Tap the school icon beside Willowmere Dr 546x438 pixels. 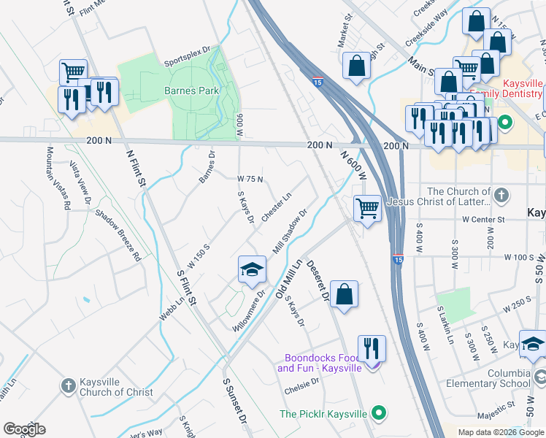pos(252,269)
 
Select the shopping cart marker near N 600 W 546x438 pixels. pos(366,209)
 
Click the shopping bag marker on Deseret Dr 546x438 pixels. pos(344,294)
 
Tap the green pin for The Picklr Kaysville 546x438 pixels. pos(378,414)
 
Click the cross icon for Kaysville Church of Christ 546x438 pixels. pos(68,384)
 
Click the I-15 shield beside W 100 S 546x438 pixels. pos(397,259)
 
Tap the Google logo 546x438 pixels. pos(24,429)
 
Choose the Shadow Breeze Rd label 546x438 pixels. pos(117,236)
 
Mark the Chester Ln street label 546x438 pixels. pos(276,207)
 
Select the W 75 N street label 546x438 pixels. pos(250,179)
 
